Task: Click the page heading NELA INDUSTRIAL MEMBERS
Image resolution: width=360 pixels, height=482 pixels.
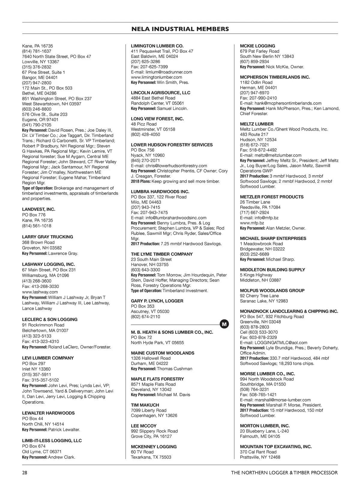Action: (180, 29)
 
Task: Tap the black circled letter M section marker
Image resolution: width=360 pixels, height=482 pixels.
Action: (224, 324)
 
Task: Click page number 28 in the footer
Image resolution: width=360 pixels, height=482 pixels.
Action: (25, 473)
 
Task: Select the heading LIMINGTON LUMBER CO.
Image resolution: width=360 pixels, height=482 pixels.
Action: (157, 46)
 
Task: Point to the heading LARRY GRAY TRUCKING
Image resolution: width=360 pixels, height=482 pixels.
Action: (47, 237)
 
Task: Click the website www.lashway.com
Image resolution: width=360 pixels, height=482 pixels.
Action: (40, 292)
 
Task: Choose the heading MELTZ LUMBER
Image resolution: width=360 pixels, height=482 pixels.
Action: (256, 124)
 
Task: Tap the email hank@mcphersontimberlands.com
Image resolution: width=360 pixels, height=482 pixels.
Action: (288, 103)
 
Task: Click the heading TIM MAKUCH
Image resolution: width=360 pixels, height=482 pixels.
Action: (145, 405)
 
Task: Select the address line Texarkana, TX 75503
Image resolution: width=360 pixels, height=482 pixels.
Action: (151, 457)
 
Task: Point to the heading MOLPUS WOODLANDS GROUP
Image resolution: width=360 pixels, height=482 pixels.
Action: (272, 291)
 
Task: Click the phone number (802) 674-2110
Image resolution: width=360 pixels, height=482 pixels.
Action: (145, 317)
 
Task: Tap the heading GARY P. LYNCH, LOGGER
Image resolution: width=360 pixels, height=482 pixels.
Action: (157, 301)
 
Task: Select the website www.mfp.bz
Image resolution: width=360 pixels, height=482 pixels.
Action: (252, 223)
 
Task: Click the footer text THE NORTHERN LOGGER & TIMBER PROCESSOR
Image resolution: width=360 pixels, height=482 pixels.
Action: (284, 473)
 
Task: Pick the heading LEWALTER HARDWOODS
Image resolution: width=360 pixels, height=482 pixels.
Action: (48, 413)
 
